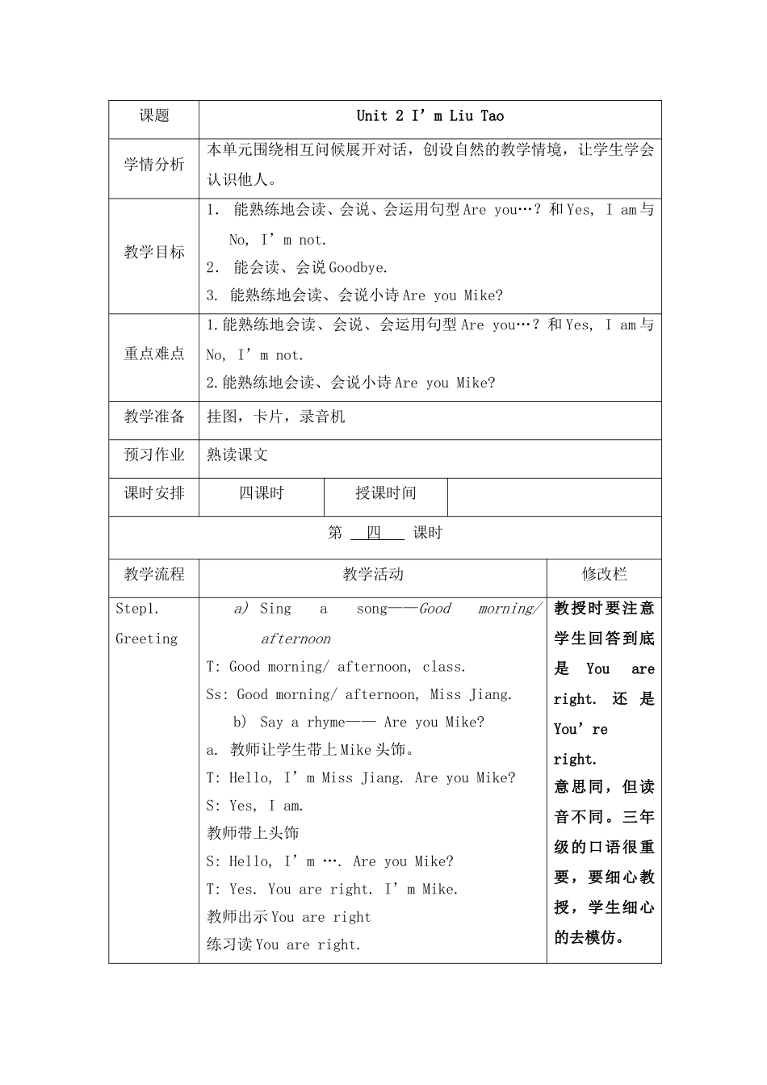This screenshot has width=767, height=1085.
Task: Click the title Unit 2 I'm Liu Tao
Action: click(x=430, y=116)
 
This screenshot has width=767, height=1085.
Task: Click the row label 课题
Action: click(x=154, y=116)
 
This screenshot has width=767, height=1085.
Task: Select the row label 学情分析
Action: click(x=154, y=165)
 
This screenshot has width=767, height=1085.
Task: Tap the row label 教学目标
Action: click(x=154, y=252)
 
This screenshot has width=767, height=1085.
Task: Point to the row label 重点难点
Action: click(x=154, y=354)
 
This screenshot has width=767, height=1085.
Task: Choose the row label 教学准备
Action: click(x=154, y=417)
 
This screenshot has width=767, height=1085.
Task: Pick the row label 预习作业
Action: click(x=154, y=455)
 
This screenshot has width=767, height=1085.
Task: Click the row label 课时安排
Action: click(x=154, y=493)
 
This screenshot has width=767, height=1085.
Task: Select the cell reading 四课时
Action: click(x=262, y=493)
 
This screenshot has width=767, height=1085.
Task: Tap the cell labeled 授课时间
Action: click(x=386, y=493)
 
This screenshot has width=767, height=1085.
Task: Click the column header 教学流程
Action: click(x=154, y=574)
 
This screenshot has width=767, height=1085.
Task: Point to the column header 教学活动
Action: click(x=373, y=574)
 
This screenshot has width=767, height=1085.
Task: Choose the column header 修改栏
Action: click(x=604, y=574)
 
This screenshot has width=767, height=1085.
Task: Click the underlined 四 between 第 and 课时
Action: click(x=374, y=533)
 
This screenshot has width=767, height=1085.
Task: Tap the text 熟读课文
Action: click(x=237, y=455)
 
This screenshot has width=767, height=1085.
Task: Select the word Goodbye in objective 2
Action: click(x=358, y=267)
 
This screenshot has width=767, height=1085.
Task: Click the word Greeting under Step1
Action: click(x=146, y=639)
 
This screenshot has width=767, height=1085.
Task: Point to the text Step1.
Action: click(x=137, y=609)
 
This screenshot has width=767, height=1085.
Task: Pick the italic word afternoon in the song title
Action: click(x=295, y=639)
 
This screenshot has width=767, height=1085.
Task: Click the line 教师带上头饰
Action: click(x=253, y=833)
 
